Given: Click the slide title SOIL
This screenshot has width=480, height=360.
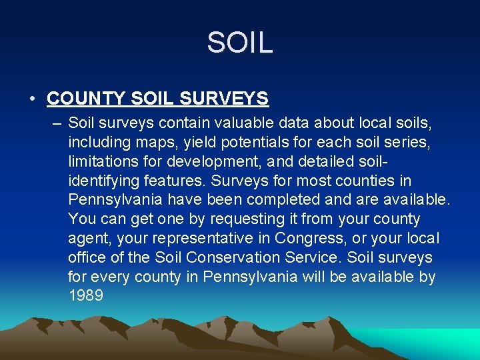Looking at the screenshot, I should click(239, 43).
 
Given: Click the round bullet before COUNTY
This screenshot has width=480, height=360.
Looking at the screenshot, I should click(32, 99).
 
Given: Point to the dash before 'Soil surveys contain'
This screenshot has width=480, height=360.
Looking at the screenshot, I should click(55, 123).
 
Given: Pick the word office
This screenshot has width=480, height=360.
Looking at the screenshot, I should click(85, 258).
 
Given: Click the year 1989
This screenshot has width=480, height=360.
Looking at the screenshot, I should click(85, 296).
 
